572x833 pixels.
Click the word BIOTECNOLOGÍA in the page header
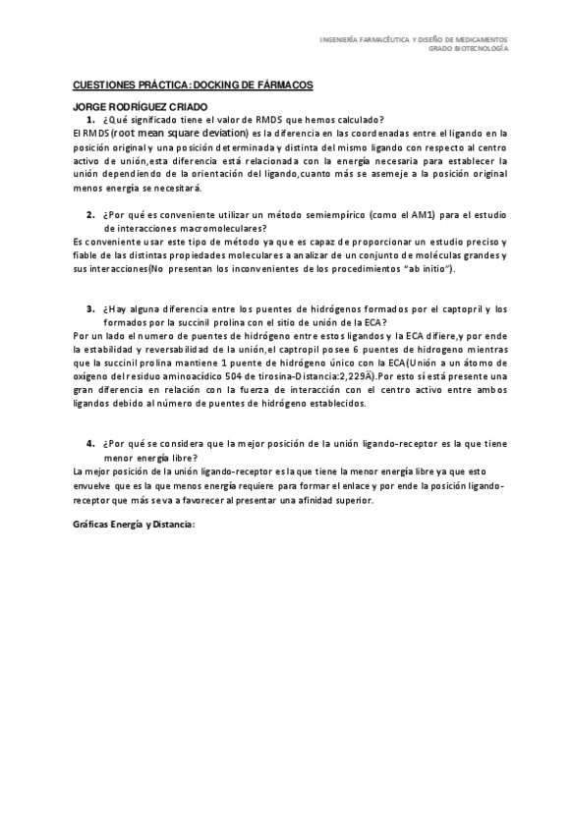coord(488,47)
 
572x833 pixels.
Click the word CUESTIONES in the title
coord(102,86)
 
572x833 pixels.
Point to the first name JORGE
coord(90,107)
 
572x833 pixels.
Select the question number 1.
coord(90,119)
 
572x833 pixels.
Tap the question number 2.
coord(90,213)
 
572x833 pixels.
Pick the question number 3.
coord(90,308)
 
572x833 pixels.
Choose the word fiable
coord(86,253)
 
